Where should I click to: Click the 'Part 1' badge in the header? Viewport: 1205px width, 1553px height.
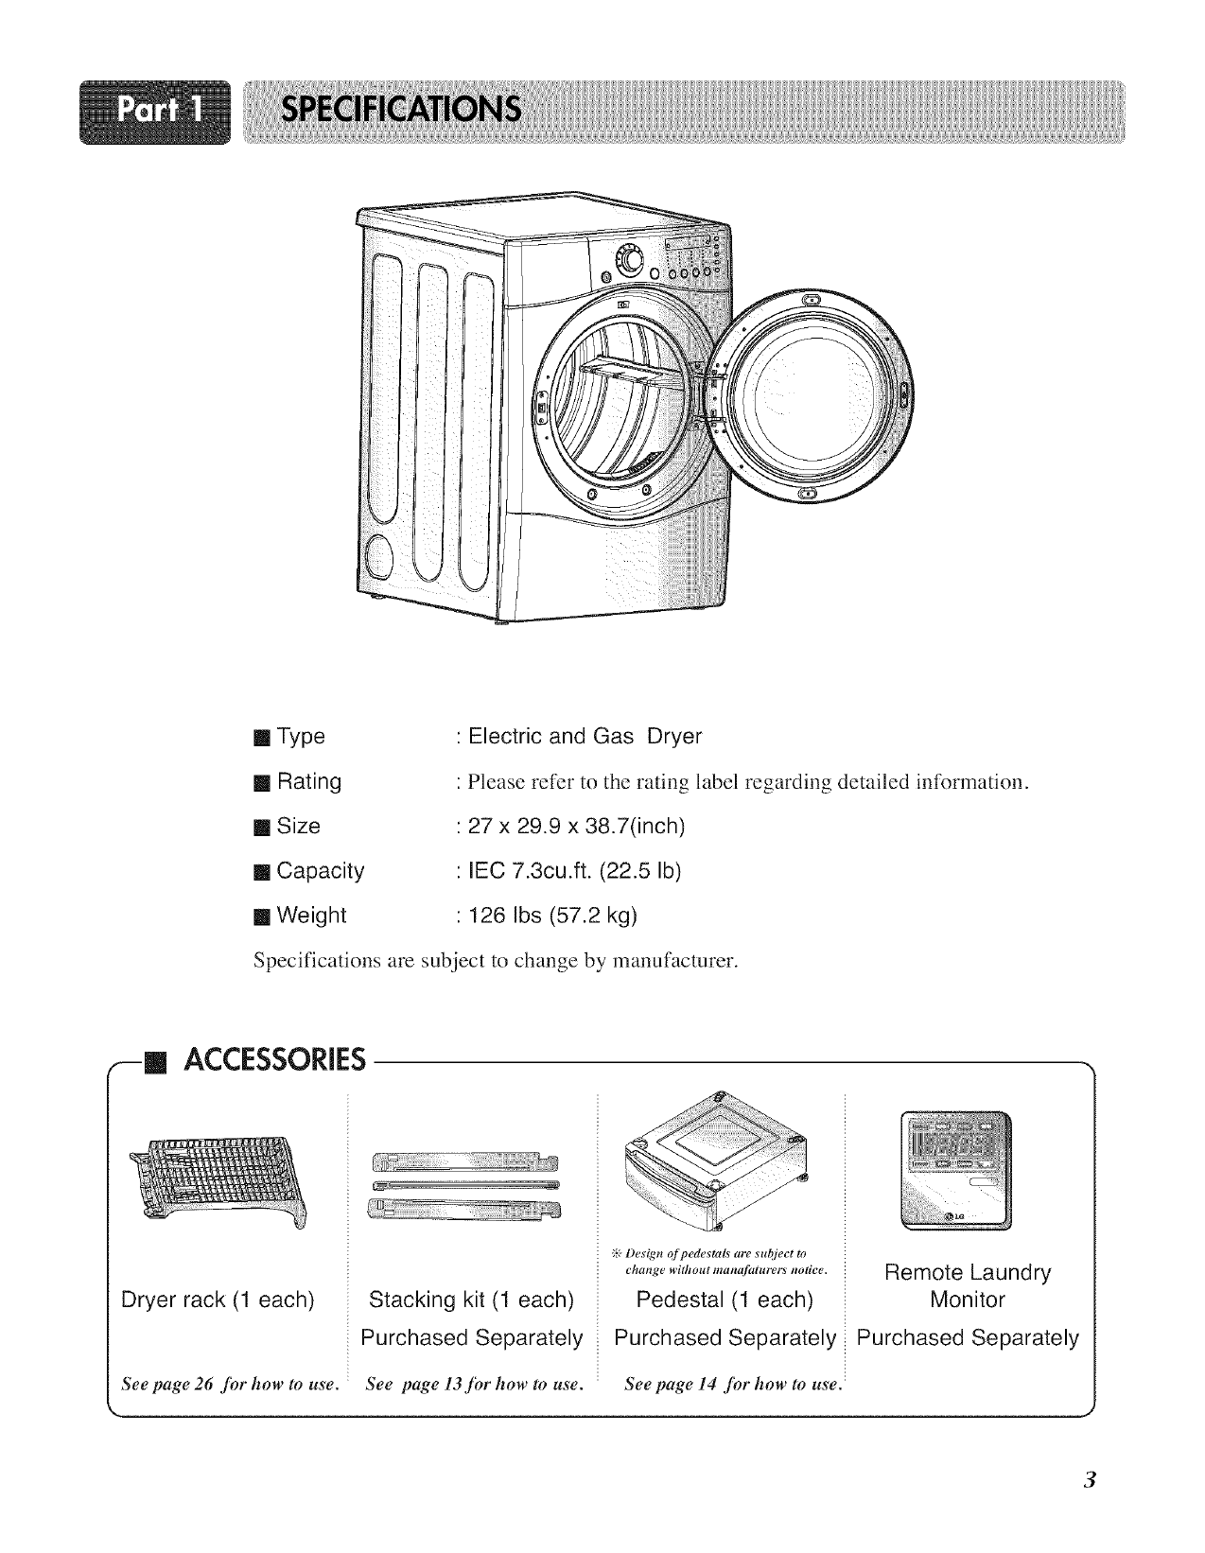pos(157,113)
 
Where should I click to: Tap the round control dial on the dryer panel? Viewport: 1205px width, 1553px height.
pos(627,256)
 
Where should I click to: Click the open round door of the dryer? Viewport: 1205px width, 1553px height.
pos(817,398)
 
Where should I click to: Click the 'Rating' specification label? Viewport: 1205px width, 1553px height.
pos(308,781)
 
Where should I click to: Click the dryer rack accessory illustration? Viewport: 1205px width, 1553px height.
pos(218,1182)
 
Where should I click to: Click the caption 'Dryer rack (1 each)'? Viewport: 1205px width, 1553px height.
pos(218,1300)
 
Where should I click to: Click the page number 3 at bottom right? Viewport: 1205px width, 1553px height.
pos(1091,1480)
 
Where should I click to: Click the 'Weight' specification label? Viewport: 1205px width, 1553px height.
pos(311,916)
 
